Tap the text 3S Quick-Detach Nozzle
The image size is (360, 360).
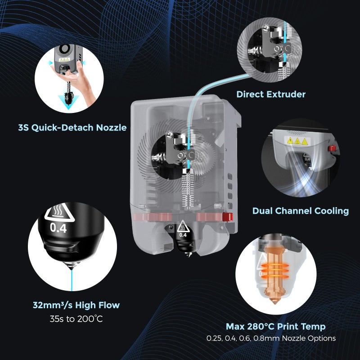(x=72, y=127)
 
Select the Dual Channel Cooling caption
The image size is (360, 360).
(x=300, y=211)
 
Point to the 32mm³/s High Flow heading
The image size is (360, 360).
(x=76, y=305)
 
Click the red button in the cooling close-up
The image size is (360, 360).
(x=333, y=148)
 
